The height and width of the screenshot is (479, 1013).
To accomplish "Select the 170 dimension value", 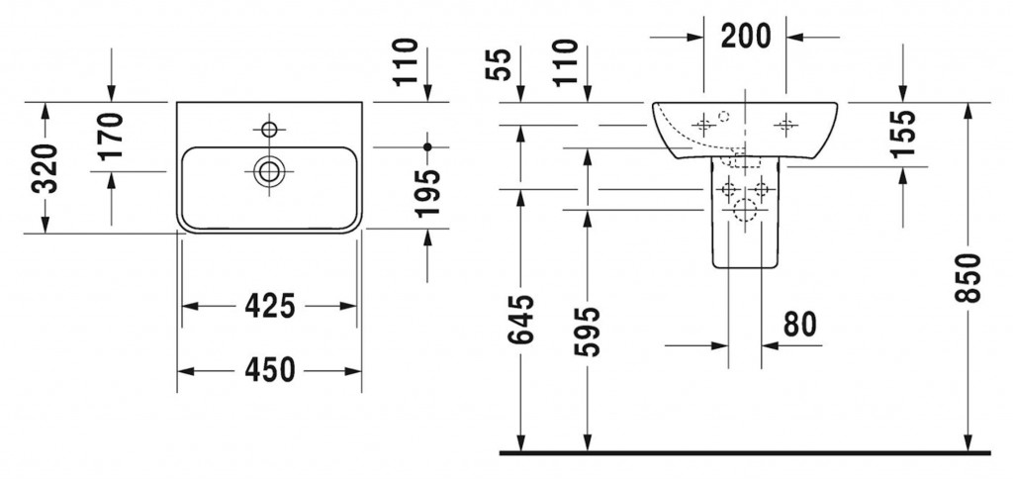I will point(111,136).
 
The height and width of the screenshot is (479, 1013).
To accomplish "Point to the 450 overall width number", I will point(269,370).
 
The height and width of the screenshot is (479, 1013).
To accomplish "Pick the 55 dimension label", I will point(501,63).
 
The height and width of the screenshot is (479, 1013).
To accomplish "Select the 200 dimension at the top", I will point(745,36).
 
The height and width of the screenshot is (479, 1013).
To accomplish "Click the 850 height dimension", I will point(968,277).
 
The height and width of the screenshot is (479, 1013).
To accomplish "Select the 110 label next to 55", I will point(565,61).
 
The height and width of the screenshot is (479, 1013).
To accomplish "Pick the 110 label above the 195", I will point(407,61).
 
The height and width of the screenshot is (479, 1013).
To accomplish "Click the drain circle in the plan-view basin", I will point(268,170).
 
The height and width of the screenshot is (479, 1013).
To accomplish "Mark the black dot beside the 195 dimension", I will point(427,146).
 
